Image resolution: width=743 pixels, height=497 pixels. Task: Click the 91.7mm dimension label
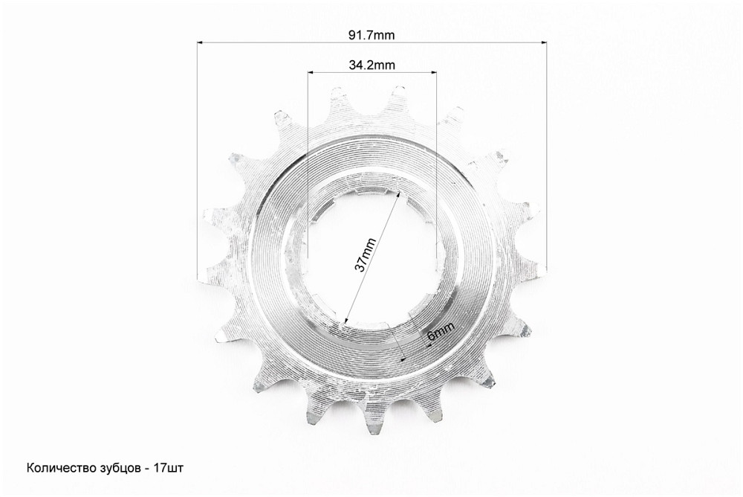click(x=371, y=35)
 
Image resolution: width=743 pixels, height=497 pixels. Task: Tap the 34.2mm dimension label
click(x=372, y=65)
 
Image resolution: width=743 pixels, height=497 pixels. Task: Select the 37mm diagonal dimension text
click(x=366, y=255)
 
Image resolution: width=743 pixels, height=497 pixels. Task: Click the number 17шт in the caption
click(x=168, y=469)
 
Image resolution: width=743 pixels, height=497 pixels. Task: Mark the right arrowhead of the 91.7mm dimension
click(x=543, y=42)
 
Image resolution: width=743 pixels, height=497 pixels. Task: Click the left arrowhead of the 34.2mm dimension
click(x=311, y=73)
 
